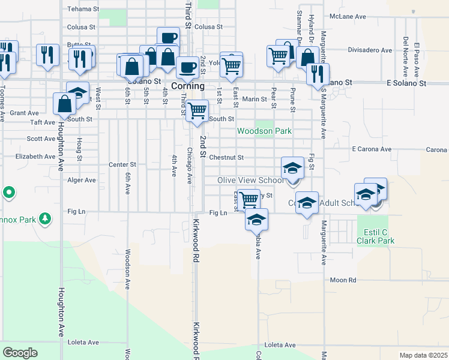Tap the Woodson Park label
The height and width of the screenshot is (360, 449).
point(264,131)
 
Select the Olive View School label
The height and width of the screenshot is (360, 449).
point(251,180)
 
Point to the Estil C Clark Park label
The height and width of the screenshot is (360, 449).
point(376,235)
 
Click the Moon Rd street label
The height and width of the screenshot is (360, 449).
point(343,280)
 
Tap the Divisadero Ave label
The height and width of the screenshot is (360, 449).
point(370,50)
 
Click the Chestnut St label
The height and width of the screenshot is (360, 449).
point(226,158)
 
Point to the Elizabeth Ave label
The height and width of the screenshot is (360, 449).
point(35,156)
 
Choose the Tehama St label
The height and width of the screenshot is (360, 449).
point(82,9)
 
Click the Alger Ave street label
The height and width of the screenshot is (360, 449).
point(82,180)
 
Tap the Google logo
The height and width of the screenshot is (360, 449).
point(20,352)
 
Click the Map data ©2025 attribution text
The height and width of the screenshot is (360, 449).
point(423,355)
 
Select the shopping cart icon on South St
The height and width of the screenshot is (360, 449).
point(197,111)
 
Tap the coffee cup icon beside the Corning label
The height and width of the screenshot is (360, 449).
point(188,67)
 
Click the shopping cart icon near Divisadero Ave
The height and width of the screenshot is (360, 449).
point(278,56)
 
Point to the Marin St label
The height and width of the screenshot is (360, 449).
point(255,100)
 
